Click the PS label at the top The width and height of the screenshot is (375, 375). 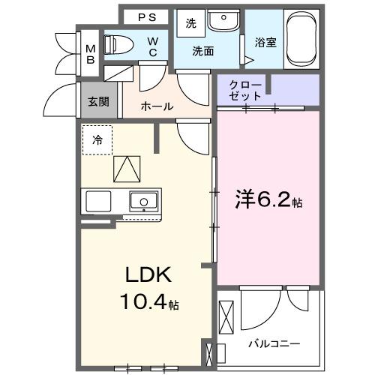pyautogui.click(x=147, y=16)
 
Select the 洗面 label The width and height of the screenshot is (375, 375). pyautogui.click(x=202, y=52)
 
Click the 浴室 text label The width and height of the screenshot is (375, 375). pyautogui.click(x=265, y=42)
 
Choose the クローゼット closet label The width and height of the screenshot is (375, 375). pyautogui.click(x=247, y=91)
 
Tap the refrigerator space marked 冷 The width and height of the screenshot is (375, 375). pyautogui.click(x=97, y=139)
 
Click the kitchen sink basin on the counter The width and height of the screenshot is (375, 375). pyautogui.click(x=142, y=200)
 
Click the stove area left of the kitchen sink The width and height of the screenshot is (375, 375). pyautogui.click(x=97, y=201)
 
